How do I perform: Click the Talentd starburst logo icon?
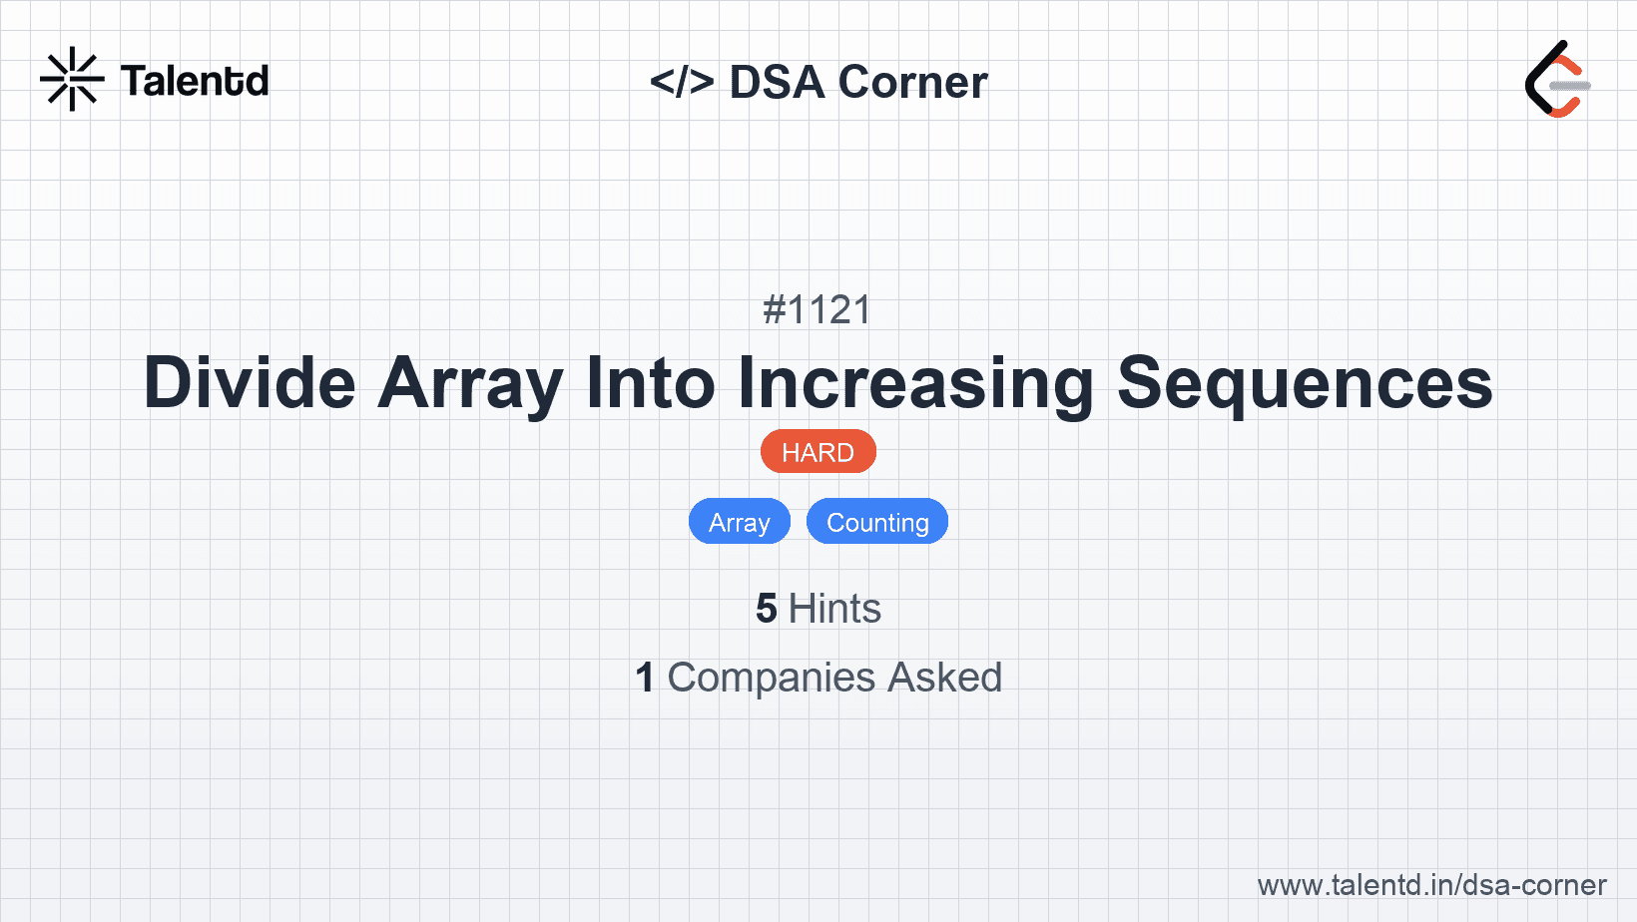72,79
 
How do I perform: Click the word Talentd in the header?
195,81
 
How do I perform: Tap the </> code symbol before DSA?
681,82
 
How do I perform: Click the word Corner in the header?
912,82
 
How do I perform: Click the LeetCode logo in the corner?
1557,80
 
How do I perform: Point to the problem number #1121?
818,310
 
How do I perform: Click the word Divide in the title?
250,383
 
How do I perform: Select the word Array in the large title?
470,383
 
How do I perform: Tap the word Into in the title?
651,383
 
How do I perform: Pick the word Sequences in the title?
1305,383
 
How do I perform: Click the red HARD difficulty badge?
818,452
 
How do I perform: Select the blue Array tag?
740,522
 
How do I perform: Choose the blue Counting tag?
877,522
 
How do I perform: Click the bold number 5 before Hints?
766,609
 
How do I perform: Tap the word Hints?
834,609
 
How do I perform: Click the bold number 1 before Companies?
645,678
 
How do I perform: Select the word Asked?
944,678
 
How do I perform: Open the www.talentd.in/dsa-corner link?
1431,885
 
